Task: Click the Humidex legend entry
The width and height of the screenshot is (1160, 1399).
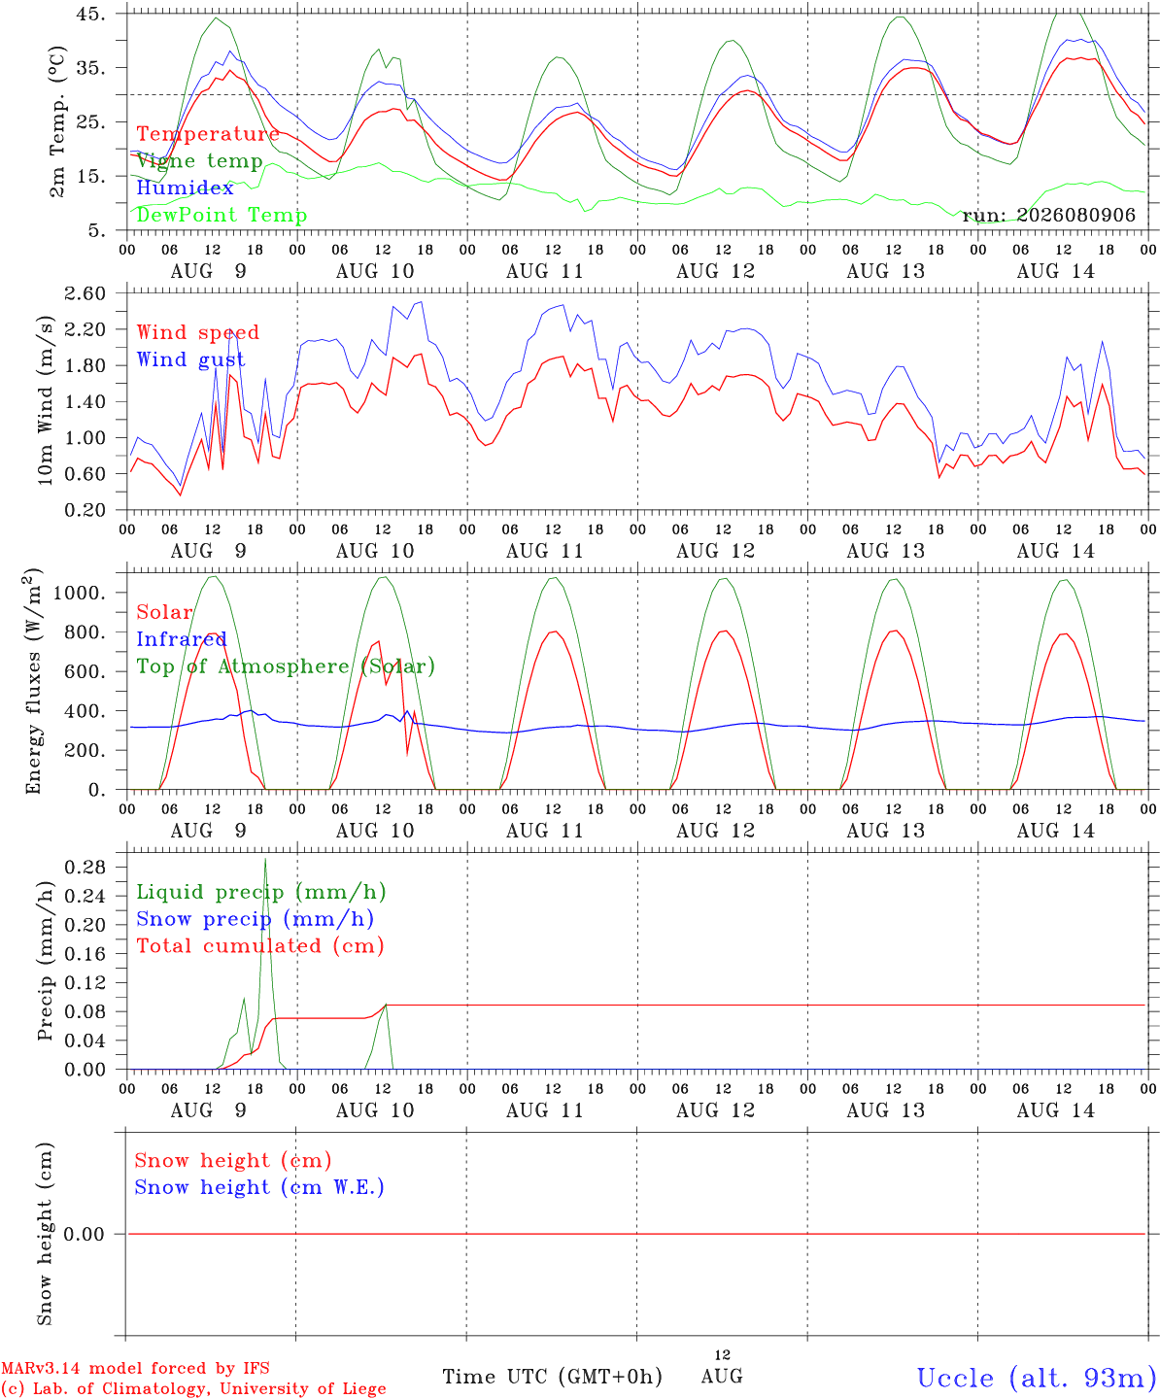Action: pos(185,188)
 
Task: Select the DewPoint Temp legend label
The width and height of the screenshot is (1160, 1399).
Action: pos(222,215)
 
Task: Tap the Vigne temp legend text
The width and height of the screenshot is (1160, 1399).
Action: pos(200,161)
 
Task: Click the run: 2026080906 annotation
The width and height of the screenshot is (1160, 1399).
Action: pos(1048,215)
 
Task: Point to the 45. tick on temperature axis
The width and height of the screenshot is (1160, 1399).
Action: pos(90,14)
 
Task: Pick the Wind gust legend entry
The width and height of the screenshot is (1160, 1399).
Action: pos(191,359)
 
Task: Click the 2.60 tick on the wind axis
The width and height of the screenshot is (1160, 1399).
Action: pos(85,293)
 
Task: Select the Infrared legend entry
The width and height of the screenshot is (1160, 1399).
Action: pos(182,639)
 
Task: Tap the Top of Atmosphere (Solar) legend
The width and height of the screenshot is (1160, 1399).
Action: pos(286,666)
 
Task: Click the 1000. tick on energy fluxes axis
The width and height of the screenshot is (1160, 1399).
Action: pos(80,593)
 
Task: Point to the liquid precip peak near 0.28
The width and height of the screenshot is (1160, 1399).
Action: pos(265,860)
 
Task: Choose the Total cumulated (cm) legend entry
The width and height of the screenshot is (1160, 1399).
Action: pos(260,945)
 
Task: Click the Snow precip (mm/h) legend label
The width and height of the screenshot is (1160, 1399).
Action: pos(255,919)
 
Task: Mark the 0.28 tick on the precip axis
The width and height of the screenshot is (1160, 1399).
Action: pos(85,867)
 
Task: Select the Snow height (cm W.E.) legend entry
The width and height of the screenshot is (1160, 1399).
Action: pos(259,1186)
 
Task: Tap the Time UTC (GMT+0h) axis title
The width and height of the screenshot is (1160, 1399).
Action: pos(552,1377)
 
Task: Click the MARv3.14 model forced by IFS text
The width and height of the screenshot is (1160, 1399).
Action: pos(135,1368)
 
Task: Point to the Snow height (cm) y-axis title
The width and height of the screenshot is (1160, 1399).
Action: pos(45,1234)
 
